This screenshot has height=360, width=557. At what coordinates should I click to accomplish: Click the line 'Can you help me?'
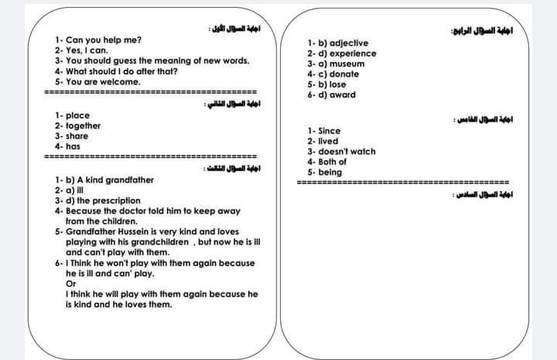tap(104, 39)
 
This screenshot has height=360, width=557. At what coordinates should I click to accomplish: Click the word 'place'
tap(77, 115)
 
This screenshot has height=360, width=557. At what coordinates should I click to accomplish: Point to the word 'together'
tap(83, 125)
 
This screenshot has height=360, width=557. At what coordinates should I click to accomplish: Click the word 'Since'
tap(329, 131)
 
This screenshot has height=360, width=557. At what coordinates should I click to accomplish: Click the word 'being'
tap(330, 172)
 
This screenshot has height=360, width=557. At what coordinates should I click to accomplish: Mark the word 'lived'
tap(328, 141)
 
